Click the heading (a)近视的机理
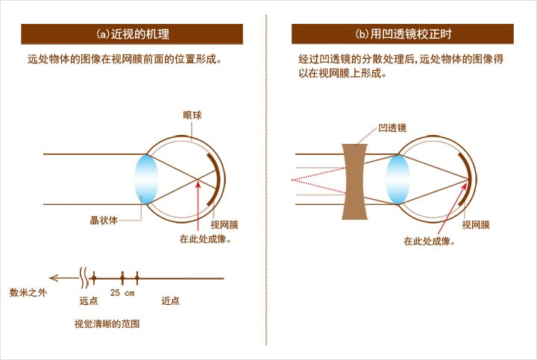[x=133, y=34]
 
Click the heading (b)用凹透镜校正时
[x=403, y=34]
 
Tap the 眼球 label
[x=192, y=116]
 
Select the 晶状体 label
[x=104, y=221]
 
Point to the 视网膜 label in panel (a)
[x=224, y=225]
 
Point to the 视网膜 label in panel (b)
[x=476, y=225]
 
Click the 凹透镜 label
[x=392, y=128]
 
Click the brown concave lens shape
[x=355, y=181]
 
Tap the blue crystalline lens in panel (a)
[x=146, y=180]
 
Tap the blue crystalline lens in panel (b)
[x=398, y=180]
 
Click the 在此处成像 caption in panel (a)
[x=205, y=239]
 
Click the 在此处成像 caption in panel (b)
[x=429, y=241]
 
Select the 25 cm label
[x=122, y=293]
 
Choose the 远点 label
[x=89, y=301]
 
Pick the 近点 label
[x=171, y=301]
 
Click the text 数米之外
[x=28, y=293]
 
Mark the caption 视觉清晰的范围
[x=107, y=323]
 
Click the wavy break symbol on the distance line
[x=84, y=277]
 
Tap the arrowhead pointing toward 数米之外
[x=54, y=278]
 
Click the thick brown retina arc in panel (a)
[x=217, y=180]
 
